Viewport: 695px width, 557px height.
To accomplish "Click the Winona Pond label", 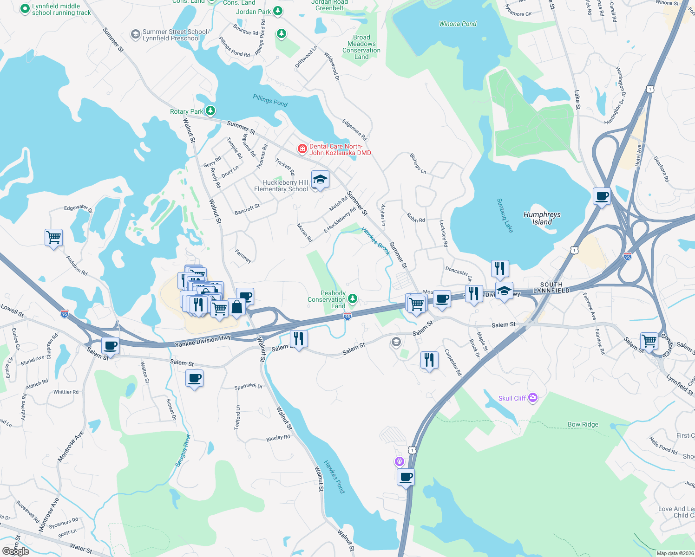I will coord(458,24).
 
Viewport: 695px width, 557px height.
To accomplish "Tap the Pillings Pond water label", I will coord(270,100).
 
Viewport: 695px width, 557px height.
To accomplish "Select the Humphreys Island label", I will coord(542,218).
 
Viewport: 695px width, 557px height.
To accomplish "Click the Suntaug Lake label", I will coord(505,215).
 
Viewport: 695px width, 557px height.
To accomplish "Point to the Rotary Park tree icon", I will coord(210,110).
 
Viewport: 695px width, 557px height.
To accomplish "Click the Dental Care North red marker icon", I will coord(302,149).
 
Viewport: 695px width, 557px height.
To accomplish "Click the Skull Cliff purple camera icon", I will coord(533,397).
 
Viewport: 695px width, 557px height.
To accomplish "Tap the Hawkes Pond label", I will coord(334,476).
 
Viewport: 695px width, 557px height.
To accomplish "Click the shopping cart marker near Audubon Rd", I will coord(54,238).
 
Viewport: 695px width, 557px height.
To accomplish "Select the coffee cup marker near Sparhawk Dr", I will coord(195,378).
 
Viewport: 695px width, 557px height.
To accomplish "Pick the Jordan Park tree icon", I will coord(278,11).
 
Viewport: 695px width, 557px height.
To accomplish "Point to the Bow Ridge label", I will coord(583,424).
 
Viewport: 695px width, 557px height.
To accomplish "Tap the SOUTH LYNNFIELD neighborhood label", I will coord(551,287).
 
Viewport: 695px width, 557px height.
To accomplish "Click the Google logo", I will coord(15,551).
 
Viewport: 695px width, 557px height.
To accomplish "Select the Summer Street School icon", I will coord(135,34).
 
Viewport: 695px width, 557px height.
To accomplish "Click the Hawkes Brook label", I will coord(375,241).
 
